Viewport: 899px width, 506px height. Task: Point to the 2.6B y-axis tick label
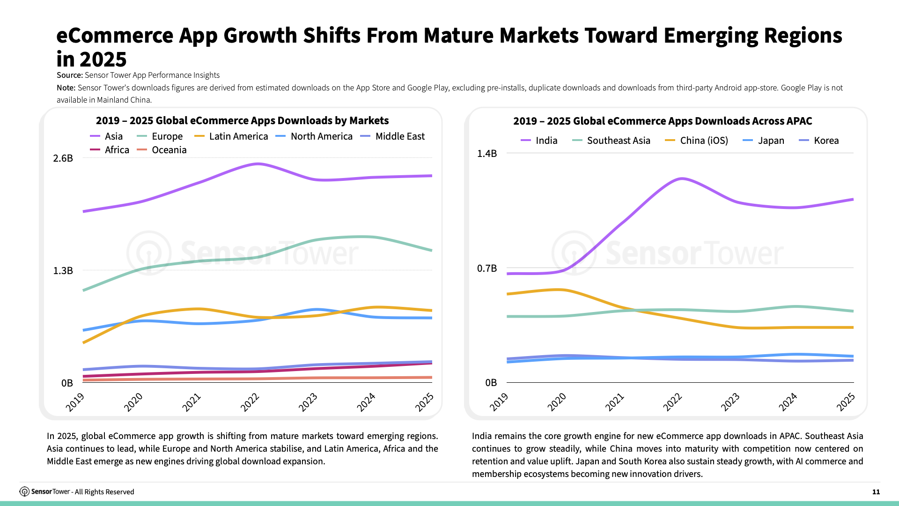pos(63,158)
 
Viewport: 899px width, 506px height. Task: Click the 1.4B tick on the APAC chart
pos(487,154)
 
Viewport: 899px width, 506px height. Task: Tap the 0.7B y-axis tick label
pos(487,268)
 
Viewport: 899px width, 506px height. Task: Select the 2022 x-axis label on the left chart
pos(250,402)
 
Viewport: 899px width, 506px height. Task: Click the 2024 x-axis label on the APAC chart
pos(788,402)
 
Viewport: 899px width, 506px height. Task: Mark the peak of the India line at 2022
pos(682,179)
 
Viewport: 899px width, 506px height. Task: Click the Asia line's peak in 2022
pos(258,164)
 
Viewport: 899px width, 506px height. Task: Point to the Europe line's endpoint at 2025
pos(431,251)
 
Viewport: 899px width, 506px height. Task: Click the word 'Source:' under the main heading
pos(69,75)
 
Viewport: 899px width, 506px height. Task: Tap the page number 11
pos(876,492)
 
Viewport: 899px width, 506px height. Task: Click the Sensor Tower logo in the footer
pos(24,491)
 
